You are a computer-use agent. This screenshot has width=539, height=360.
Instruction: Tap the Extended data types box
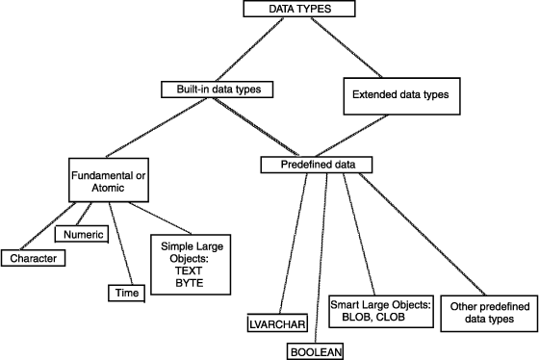tap(395, 96)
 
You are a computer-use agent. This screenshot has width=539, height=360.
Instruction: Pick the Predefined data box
tap(317, 165)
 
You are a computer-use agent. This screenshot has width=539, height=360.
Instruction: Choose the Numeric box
tap(86, 232)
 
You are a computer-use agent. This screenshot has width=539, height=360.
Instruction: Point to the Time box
tap(125, 291)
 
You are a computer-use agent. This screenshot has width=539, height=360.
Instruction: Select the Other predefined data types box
tap(488, 313)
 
